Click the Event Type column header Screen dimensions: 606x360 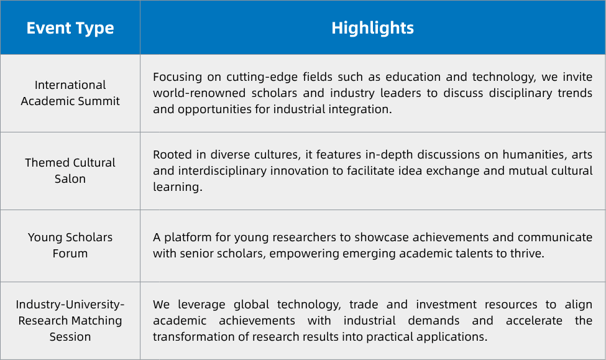[x=70, y=28]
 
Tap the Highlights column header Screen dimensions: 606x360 [x=372, y=28]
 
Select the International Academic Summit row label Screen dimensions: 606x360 [x=70, y=93]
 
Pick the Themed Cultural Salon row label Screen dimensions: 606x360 [x=70, y=170]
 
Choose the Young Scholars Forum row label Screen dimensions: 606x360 [x=70, y=245]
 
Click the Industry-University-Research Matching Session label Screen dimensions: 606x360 [x=70, y=321]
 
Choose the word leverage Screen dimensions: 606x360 [x=201, y=305]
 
